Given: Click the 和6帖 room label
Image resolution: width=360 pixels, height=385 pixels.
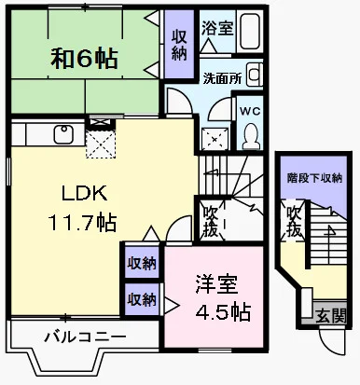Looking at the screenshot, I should point(84,59).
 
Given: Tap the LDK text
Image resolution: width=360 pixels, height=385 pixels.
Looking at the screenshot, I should point(84,195).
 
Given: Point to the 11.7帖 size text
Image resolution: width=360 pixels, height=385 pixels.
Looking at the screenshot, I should point(84,223).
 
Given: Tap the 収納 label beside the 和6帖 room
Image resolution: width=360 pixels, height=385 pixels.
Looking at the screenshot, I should point(178,42).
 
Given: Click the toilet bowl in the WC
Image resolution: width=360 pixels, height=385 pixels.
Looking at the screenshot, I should point(251,136).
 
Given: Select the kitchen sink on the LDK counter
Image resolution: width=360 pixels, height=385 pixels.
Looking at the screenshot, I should point(62,134).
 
